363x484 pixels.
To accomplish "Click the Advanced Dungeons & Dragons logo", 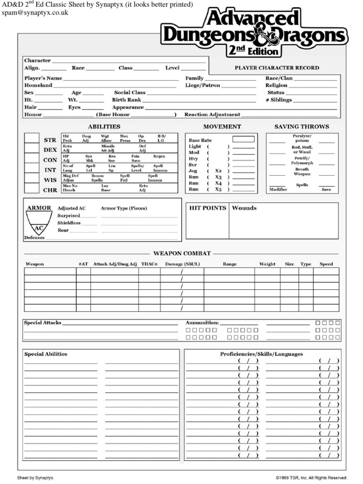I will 255,33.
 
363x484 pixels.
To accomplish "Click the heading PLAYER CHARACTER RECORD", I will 277,68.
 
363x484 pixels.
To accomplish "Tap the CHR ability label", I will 50,190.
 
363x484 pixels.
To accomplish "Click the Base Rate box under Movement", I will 243,139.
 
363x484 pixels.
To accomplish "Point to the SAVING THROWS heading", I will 302,127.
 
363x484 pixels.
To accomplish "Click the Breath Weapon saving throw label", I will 302,172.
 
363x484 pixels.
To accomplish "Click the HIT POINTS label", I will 207,208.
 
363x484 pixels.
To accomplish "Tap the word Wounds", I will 244,208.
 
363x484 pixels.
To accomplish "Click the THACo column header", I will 149,264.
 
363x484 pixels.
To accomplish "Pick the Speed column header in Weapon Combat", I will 326,264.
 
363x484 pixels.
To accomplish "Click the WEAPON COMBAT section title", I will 181,254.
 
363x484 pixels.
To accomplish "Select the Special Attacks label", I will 43,323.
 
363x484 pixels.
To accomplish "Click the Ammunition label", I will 202,323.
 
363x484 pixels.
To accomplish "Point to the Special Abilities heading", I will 45,354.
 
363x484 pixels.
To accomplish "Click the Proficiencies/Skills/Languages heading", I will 261,354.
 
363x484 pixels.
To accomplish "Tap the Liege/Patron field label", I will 202,86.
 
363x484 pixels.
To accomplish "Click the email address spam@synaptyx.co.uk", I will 35,13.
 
